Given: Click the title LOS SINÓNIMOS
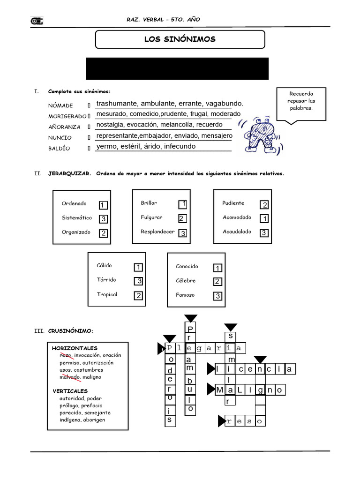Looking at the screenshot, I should tap(180, 39).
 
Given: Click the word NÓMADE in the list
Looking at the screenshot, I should tap(60, 105).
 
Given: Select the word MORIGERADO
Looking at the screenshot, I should tap(67, 116).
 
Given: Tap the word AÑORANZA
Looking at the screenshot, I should tap(64, 127).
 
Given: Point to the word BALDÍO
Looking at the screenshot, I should tap(59, 149).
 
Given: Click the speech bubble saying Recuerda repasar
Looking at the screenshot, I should tap(301, 101).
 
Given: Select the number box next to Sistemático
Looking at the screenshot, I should tap(104, 219).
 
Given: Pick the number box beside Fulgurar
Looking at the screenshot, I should tap(183, 218).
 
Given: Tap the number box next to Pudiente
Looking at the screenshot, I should tap(264, 205).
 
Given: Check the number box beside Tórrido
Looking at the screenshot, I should tap(138, 281).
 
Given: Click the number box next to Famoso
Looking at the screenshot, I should tap(217, 296).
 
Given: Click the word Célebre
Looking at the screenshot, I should tap(186, 281).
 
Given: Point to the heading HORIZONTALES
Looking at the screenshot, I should tap(75, 348).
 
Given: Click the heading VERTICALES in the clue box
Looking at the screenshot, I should tap(70, 391).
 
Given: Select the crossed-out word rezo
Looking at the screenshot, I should tap(66, 355).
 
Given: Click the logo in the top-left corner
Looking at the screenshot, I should tap(37, 21).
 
